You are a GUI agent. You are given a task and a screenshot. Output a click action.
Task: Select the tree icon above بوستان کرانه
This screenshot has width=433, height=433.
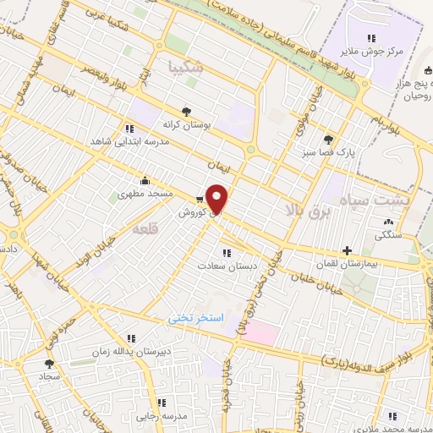185,110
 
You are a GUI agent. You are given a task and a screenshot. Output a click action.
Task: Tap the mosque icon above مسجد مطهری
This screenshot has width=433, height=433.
145,180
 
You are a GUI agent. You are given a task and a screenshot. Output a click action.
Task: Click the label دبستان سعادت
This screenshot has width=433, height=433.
227,266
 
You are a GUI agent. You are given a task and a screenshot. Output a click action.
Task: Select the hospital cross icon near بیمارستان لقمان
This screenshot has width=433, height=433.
347,250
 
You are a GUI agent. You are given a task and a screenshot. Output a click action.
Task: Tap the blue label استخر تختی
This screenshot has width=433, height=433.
194,318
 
